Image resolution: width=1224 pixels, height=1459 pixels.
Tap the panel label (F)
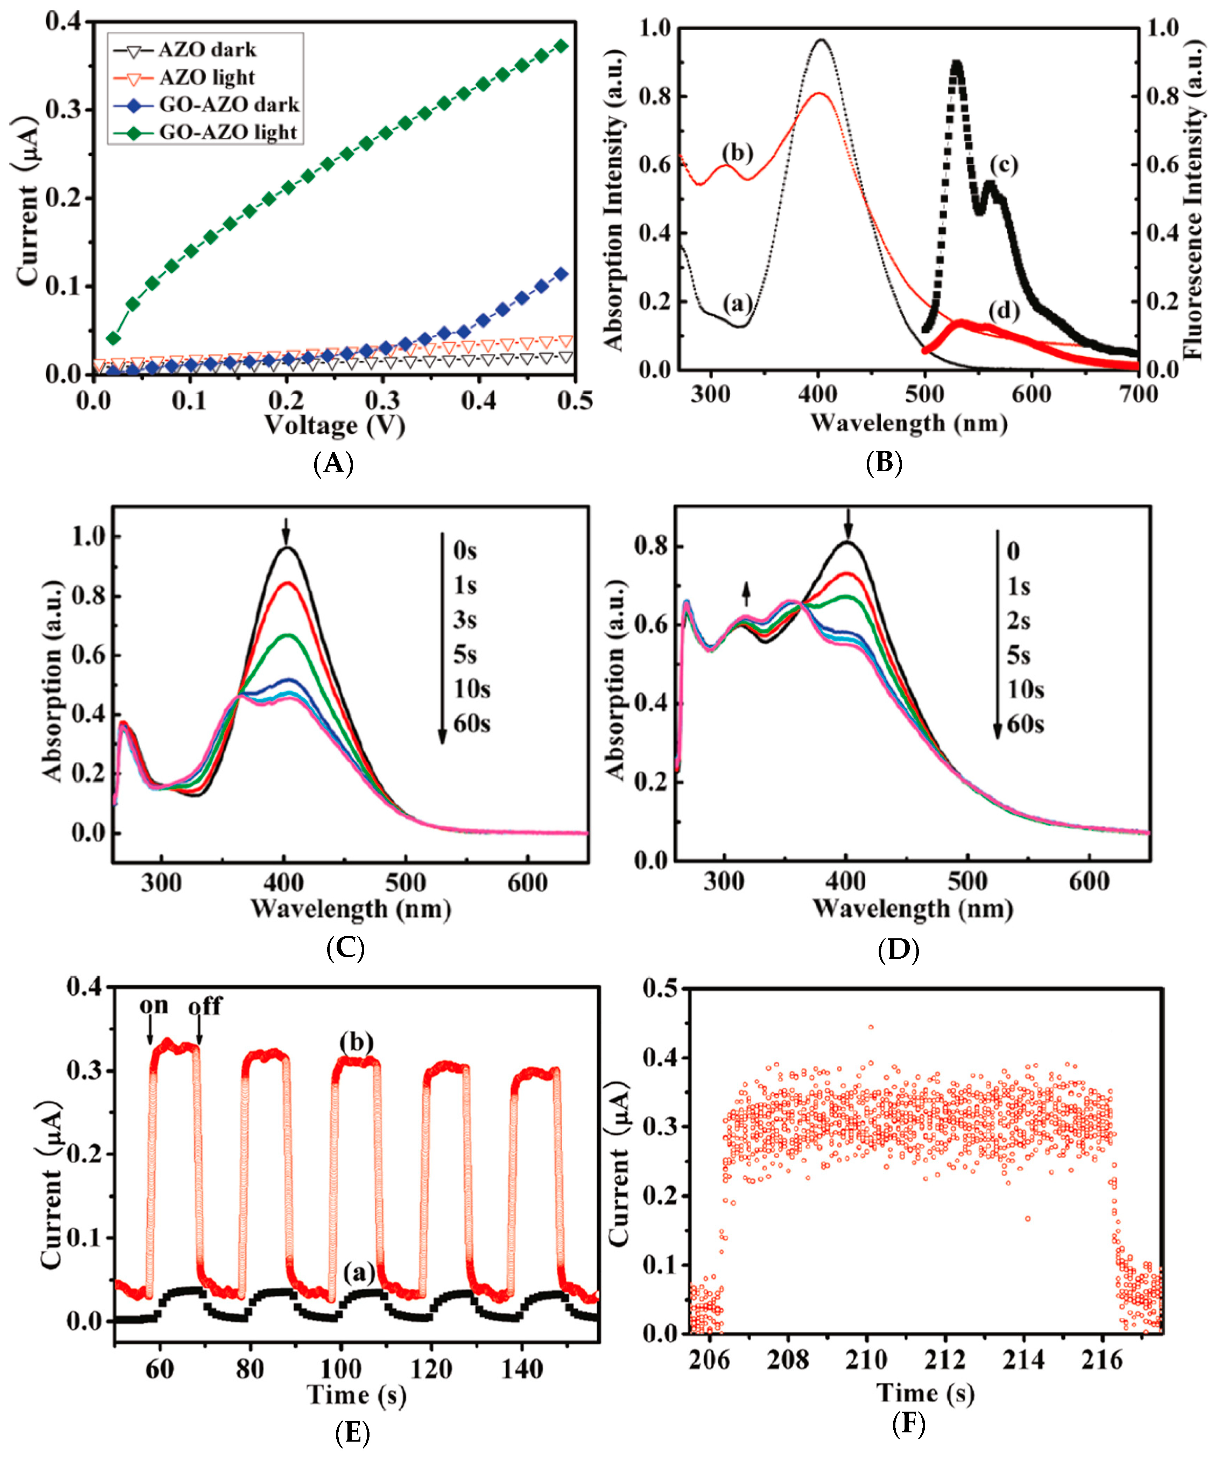[x=908, y=1424]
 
